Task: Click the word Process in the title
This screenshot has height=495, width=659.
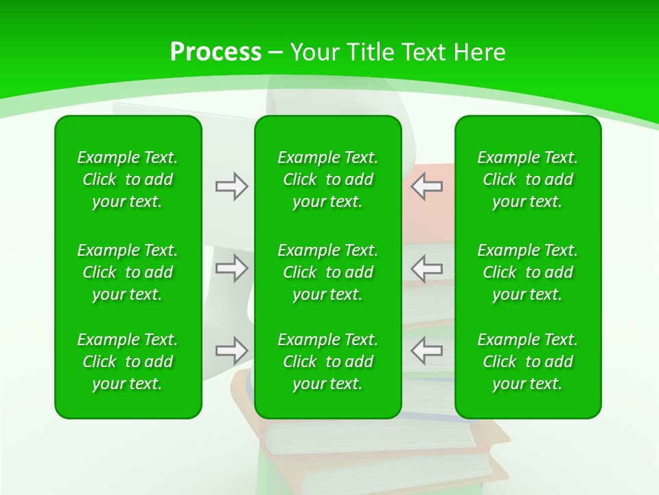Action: coord(216,52)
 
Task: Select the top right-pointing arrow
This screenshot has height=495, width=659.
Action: coord(231,186)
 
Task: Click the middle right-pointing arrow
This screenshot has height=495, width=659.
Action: coord(231,268)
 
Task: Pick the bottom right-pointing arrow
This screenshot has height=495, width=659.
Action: coord(231,350)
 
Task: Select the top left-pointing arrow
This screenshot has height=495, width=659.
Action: coord(426,186)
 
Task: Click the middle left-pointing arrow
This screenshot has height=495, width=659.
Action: coord(426,268)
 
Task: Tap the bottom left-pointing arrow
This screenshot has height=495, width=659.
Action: coord(426,350)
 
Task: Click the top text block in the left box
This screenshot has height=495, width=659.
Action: coord(128,179)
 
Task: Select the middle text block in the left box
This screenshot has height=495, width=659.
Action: coord(128,272)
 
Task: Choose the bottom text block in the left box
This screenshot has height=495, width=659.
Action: coord(128,362)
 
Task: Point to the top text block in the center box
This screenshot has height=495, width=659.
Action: coord(327,179)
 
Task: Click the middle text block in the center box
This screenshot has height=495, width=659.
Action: coord(327,272)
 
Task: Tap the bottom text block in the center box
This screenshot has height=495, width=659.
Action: coord(327,362)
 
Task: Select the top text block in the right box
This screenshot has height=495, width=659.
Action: coord(528,179)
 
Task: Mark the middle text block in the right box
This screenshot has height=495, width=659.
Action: coord(528,272)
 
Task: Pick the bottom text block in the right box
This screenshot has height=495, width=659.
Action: coord(528,362)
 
